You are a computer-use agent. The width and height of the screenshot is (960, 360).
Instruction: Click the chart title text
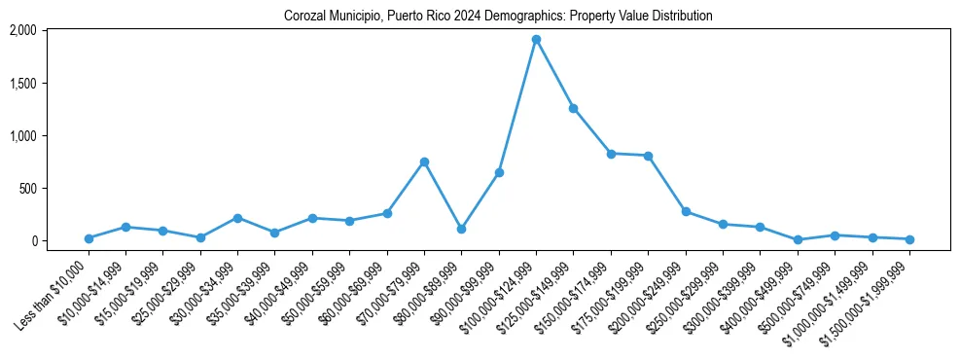(498, 17)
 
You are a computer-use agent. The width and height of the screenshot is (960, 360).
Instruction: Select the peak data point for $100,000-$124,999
(536, 40)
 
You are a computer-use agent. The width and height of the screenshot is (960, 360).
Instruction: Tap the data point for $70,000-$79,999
(424, 162)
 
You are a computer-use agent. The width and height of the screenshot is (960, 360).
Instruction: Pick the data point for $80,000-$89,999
(462, 229)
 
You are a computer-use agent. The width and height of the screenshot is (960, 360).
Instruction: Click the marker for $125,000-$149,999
(574, 108)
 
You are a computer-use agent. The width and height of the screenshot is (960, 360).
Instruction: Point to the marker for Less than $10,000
(89, 238)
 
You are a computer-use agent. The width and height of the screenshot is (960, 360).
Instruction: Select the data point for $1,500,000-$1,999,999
(909, 239)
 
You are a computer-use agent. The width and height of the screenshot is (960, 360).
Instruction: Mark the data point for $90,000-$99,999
(499, 172)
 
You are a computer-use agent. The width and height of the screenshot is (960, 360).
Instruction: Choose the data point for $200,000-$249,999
(686, 211)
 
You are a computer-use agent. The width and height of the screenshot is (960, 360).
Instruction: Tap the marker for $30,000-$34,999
(237, 218)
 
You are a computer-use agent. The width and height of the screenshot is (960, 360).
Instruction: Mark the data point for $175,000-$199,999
(648, 156)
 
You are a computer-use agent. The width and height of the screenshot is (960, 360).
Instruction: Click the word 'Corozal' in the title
(304, 17)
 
